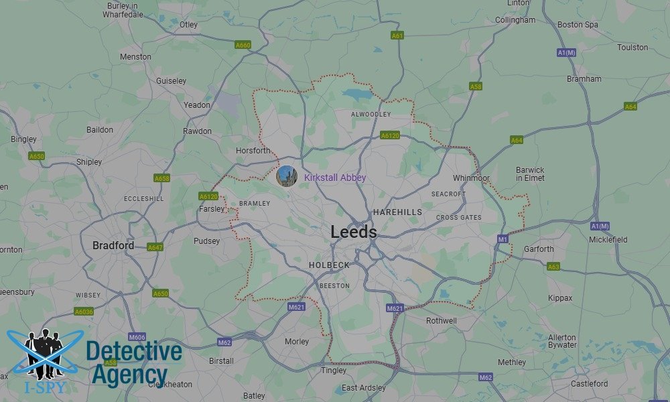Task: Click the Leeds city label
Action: coord(353,232)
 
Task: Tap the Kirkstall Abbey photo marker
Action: coord(286,176)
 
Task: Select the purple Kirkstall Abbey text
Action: coord(335,178)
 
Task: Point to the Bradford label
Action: coord(113,246)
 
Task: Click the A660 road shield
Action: coord(243,45)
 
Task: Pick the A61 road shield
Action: coord(397,35)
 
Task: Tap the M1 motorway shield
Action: coord(503,239)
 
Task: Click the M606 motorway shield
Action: coord(137,336)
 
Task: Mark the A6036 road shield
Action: coord(84,312)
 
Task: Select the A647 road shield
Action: coord(155,247)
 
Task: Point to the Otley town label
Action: coord(189,25)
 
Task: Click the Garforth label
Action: coord(539,249)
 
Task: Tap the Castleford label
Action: coord(589,384)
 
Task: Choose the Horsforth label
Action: coord(253,151)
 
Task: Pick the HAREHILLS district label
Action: coord(397,212)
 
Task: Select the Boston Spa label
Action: coord(577,25)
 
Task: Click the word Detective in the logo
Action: coord(134,352)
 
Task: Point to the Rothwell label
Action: coord(442,321)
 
